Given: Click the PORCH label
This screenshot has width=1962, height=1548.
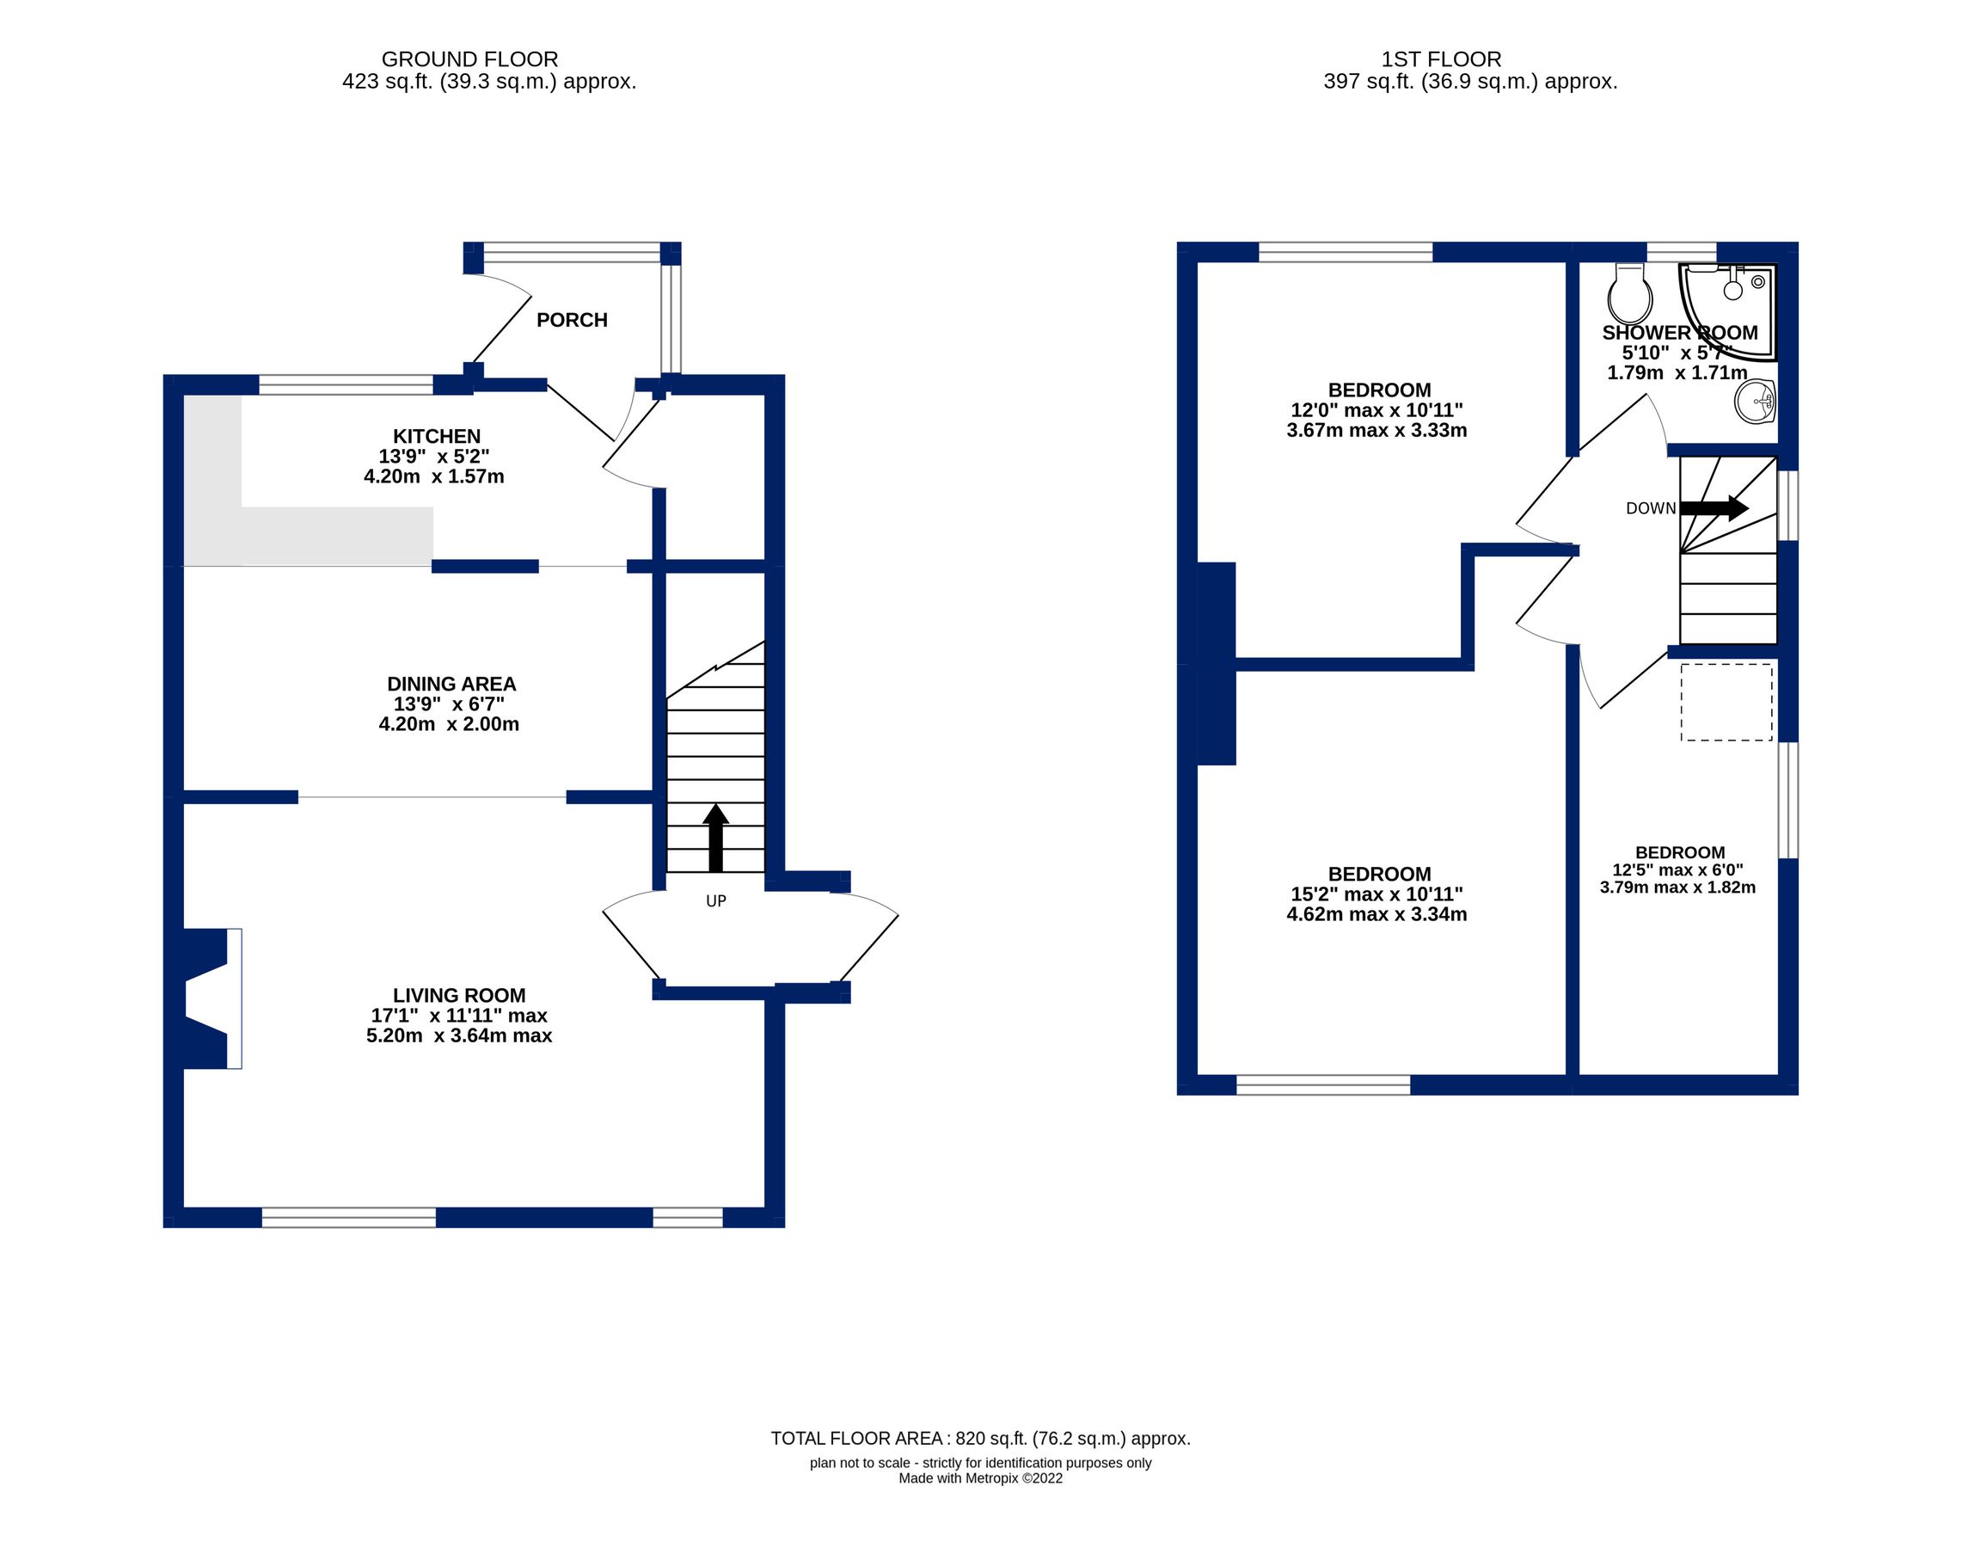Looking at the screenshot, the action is [571, 320].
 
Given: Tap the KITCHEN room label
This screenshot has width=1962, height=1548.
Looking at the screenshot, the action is [436, 436].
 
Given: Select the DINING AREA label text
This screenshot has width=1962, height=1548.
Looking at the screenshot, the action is [451, 685].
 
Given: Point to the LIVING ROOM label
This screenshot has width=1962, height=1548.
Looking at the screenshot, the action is [458, 995].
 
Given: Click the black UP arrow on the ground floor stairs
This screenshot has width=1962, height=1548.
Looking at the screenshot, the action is [716, 838].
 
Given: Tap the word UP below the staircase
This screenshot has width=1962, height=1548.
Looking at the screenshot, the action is [716, 901].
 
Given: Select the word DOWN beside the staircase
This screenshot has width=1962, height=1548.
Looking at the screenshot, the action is [1650, 508].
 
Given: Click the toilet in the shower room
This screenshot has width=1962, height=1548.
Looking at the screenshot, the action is [1629, 293].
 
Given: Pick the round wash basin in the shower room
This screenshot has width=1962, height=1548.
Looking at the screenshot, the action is [1755, 401].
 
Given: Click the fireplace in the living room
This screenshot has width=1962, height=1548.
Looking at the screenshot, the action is [213, 998].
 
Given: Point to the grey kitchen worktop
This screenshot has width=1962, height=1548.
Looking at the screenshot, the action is [307, 481].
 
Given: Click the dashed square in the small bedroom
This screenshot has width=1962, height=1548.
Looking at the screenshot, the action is [1726, 703].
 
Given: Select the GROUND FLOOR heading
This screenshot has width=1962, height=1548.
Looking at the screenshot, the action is [469, 59].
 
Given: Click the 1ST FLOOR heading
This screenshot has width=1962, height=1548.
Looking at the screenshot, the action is [1441, 59].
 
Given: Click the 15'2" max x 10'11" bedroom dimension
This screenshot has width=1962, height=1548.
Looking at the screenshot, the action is [1376, 894].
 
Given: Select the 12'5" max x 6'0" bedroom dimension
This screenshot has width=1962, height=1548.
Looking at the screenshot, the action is [1677, 870].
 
